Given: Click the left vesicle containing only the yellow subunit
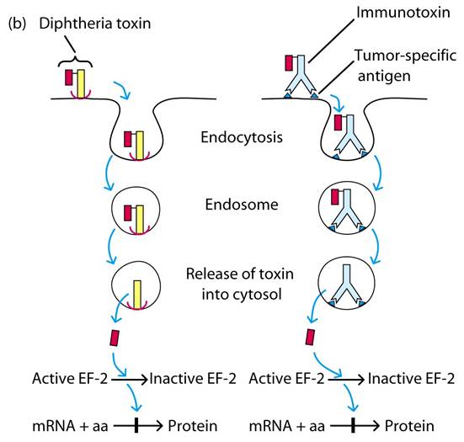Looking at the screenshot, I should coord(136,287).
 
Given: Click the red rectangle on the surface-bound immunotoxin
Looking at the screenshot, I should coord(291,62).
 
